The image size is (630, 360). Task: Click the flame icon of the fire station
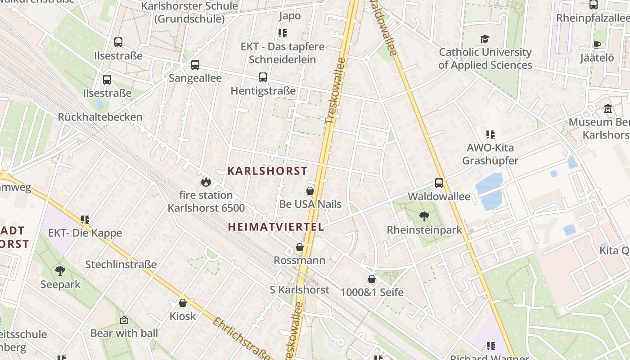(x=206, y=182)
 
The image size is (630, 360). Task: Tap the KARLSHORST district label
(x=267, y=171)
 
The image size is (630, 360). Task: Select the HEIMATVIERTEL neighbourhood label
(x=276, y=227)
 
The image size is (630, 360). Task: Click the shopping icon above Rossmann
(x=300, y=247)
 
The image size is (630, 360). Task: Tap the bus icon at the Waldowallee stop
(x=439, y=183)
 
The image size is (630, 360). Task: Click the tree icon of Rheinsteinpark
(x=424, y=217)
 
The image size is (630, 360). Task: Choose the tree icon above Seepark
(x=60, y=271)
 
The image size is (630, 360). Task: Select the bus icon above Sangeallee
(x=195, y=65)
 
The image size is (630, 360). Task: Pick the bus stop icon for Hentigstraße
(x=263, y=77)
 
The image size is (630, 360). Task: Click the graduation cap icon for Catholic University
(x=485, y=39)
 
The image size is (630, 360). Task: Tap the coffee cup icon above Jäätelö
(x=597, y=45)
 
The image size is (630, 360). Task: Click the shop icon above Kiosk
(x=183, y=303)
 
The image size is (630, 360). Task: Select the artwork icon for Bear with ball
(x=124, y=320)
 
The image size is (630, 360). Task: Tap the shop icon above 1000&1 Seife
(x=372, y=279)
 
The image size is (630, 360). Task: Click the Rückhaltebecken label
(x=100, y=117)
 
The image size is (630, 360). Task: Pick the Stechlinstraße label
(x=121, y=264)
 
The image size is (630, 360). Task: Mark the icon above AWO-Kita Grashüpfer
(x=490, y=134)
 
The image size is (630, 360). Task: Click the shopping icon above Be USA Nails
(x=310, y=191)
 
